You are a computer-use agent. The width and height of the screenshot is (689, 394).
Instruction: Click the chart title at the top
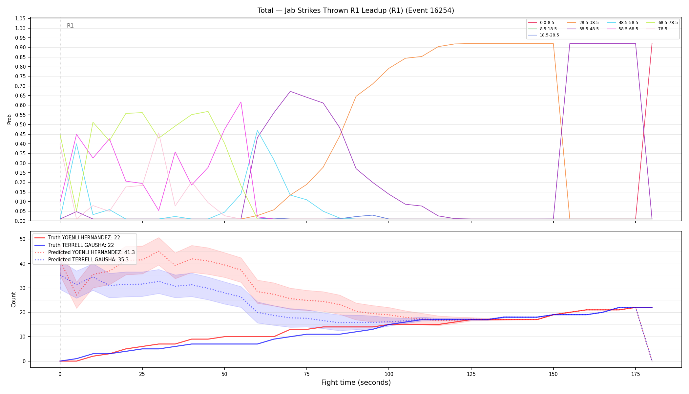(356, 11)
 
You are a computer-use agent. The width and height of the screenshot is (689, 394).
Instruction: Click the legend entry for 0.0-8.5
(541, 23)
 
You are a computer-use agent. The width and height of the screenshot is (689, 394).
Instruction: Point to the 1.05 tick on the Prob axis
(20, 19)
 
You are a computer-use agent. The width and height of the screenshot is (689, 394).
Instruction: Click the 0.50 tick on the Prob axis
(20, 125)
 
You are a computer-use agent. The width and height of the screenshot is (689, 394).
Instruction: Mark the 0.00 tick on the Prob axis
(20, 221)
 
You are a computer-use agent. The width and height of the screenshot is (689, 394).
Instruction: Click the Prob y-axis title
(10, 119)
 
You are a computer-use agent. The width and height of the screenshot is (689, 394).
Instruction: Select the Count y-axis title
(13, 299)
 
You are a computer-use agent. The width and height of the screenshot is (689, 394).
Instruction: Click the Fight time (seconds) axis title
(356, 383)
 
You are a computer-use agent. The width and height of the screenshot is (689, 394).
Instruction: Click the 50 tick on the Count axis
(23, 239)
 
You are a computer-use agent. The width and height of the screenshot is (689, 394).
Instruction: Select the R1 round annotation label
(70, 26)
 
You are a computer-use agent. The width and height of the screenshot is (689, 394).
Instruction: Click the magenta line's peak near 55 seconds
(241, 102)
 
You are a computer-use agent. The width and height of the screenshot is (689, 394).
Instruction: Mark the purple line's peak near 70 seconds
(290, 91)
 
